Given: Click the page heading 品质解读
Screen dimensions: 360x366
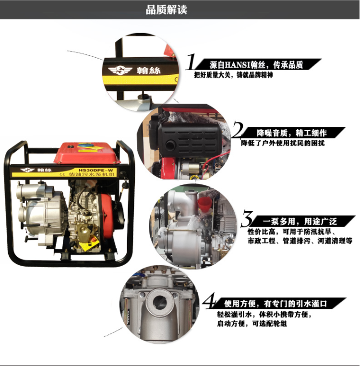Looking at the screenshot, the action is coord(167,10).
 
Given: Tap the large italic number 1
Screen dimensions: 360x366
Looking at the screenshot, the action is coord(192,61).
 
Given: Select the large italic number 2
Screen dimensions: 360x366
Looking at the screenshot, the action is coord(238,129).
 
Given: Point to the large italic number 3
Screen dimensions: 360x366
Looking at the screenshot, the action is coord(247,218).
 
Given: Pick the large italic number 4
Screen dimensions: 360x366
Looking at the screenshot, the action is coord(209,301).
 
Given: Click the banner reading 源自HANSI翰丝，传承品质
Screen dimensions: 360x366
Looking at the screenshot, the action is coord(256,65).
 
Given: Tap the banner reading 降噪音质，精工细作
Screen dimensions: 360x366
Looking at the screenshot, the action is coord(291,133).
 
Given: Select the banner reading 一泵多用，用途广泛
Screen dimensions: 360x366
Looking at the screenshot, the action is coord(300,221).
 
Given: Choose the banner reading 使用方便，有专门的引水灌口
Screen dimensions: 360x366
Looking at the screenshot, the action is coord(276,304).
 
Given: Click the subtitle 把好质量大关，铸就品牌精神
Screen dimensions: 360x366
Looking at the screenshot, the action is coord(233,75).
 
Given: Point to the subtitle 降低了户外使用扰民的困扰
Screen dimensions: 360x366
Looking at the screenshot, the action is coord(283,143).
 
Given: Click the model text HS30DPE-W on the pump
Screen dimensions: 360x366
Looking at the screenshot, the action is coord(96,171).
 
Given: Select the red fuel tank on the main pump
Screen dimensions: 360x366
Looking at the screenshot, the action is coord(86,153).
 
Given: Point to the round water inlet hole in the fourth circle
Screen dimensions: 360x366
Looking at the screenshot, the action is coord(160,303).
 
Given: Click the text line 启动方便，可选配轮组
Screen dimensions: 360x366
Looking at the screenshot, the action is coord(252,324).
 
